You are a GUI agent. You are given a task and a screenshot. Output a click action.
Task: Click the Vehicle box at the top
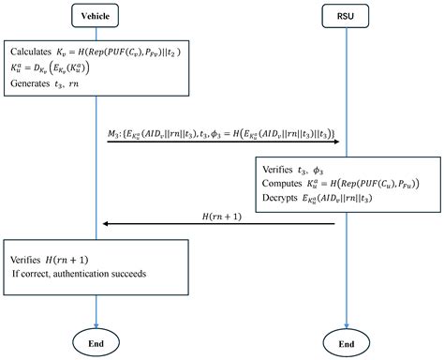[x=98, y=15]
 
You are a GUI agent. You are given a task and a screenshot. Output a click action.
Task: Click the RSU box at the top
[x=345, y=15]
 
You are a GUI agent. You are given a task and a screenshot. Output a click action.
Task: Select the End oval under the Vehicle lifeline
[x=98, y=341]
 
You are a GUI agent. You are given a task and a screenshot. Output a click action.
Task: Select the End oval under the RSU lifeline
[x=345, y=341]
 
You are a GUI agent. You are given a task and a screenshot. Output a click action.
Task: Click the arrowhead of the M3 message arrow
[x=339, y=143]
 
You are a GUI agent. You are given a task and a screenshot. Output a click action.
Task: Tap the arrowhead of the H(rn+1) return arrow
[x=105, y=223]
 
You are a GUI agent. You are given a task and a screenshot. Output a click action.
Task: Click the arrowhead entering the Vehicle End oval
[x=98, y=324]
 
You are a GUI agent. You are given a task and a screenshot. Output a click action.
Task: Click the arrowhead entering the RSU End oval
[x=345, y=324]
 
